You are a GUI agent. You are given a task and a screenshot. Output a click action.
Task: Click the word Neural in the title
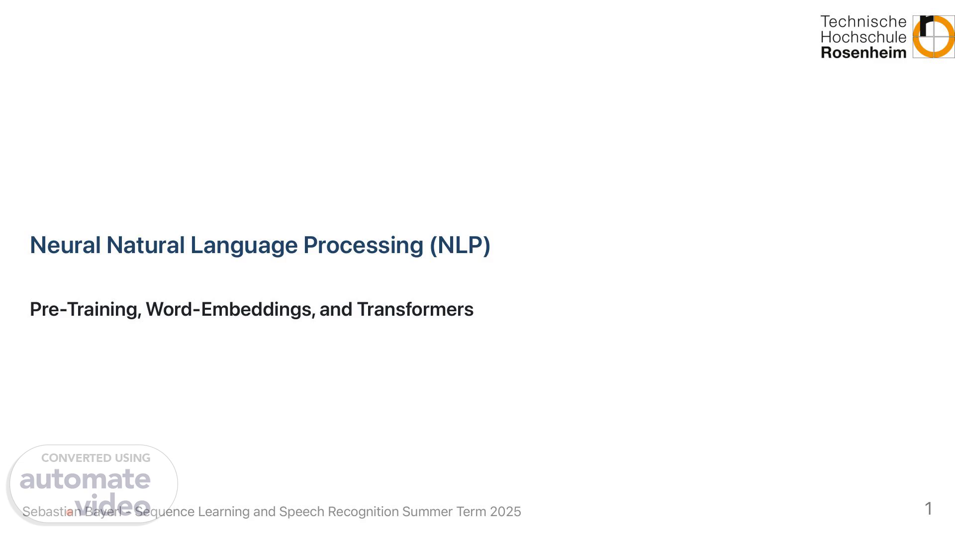click(x=65, y=245)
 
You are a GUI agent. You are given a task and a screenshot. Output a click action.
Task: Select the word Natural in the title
click(x=145, y=245)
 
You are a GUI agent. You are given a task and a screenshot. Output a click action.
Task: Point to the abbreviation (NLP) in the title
click(x=460, y=246)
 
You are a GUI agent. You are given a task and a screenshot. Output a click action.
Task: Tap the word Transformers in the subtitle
click(x=415, y=309)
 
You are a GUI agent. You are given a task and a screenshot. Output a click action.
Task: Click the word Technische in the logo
click(x=863, y=21)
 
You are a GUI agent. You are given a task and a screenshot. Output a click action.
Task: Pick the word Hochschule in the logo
click(x=863, y=37)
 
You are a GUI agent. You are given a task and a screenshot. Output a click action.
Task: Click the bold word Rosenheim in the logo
click(x=863, y=52)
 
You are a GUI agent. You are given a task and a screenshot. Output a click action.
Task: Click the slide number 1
click(x=928, y=509)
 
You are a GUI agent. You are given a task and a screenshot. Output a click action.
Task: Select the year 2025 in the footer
click(x=505, y=512)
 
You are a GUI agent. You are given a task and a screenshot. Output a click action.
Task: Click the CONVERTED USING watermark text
click(x=95, y=458)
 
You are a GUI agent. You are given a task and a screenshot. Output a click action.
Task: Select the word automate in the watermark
click(x=85, y=479)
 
